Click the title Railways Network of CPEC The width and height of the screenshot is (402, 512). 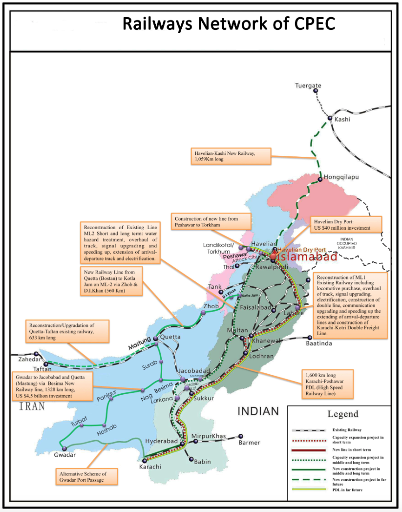coord(229,23)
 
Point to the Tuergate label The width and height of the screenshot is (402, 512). coord(308,86)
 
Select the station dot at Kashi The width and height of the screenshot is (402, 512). coord(330,119)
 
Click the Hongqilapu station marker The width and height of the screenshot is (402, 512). coord(320,179)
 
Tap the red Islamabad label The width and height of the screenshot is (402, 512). coord(307,257)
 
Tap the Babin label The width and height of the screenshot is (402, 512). coord(202,461)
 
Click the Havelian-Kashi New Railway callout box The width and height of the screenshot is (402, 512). coord(230,156)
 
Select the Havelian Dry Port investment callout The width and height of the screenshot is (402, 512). coord(344,224)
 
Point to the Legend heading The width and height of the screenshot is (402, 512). coord(342,414)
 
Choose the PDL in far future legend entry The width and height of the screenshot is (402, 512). coord(346,490)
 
